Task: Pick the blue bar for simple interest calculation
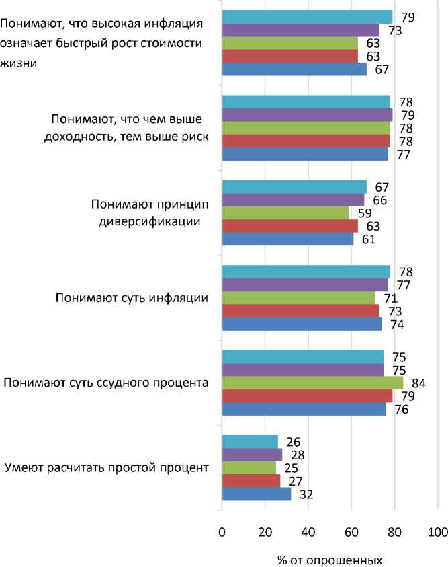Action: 256,495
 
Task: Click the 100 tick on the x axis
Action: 437,533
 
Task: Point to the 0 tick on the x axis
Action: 222,533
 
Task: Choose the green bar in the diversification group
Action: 285,213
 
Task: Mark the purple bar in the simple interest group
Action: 252,455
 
